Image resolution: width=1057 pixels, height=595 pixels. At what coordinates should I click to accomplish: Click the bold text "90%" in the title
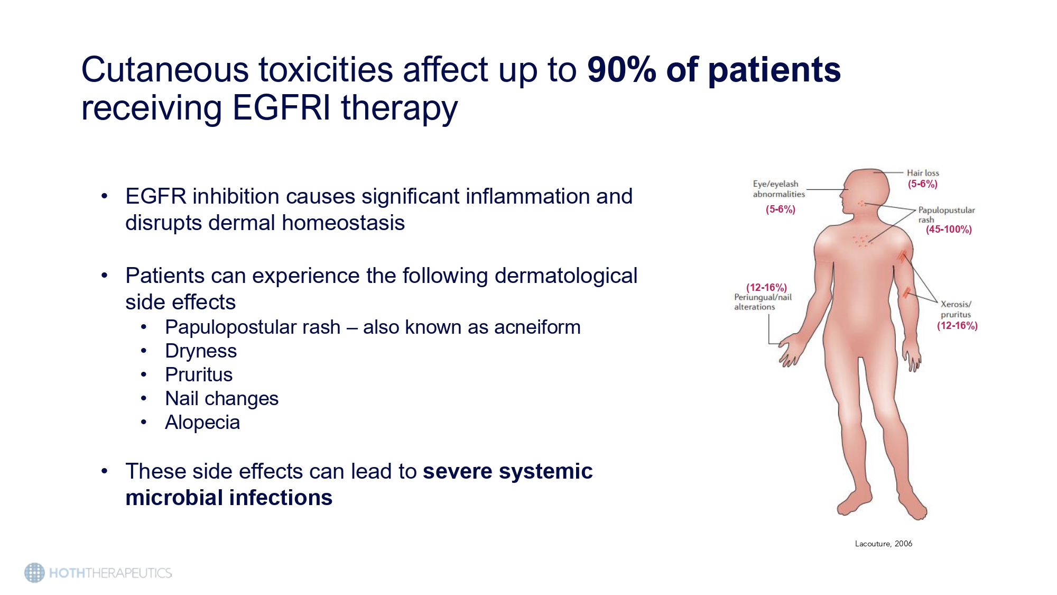622,70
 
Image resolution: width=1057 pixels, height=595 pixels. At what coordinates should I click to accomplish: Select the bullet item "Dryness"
201,351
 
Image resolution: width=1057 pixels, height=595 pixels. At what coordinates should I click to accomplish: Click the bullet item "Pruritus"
199,375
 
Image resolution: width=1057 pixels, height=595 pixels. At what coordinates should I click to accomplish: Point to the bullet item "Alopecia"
202,423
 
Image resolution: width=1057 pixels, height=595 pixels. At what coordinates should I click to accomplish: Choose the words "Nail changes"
221,399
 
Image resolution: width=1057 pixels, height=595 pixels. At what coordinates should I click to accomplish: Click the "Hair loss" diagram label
923,173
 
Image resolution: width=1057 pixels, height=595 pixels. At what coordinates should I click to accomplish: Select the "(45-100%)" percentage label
949,230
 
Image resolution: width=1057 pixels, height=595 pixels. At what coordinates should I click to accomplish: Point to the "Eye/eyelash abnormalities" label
778,189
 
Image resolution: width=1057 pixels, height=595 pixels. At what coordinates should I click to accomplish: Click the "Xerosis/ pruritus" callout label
956,309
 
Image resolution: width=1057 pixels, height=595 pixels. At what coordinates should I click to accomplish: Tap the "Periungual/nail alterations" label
763,302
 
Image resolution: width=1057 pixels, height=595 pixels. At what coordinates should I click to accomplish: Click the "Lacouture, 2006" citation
884,544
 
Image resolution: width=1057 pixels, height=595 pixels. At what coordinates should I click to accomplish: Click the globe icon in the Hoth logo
35,573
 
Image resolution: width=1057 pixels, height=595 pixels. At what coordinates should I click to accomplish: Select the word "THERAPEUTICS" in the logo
128,573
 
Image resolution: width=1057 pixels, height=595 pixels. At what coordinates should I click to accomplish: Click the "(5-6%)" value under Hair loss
923,184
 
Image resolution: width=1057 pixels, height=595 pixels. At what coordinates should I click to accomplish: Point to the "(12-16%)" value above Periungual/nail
766,287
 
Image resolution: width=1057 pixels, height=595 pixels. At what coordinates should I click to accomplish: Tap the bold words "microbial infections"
229,498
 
